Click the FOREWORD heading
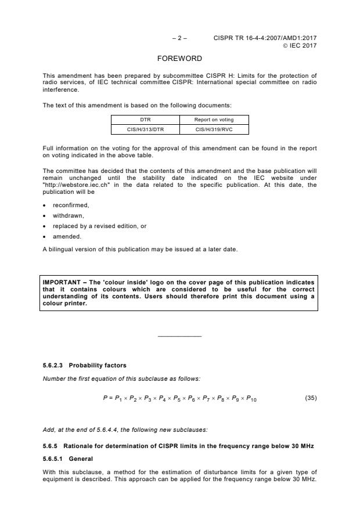[179, 59]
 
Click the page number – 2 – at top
[179, 38]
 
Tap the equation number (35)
[311, 398]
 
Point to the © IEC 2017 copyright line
[300, 45]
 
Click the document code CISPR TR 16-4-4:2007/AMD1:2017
[265, 38]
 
